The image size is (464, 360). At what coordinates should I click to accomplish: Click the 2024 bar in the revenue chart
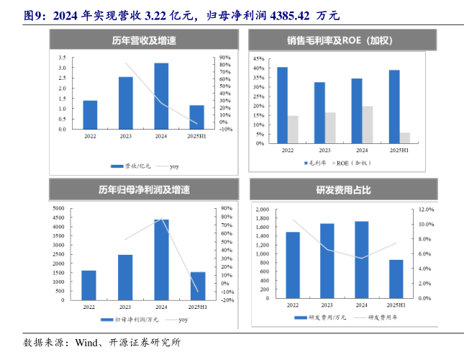161,96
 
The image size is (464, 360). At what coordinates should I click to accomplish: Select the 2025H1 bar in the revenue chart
196,117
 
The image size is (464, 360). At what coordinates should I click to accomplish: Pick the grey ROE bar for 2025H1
405,138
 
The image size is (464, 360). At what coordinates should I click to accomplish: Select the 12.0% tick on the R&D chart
427,210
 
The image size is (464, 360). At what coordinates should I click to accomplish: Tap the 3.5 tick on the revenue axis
63,58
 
